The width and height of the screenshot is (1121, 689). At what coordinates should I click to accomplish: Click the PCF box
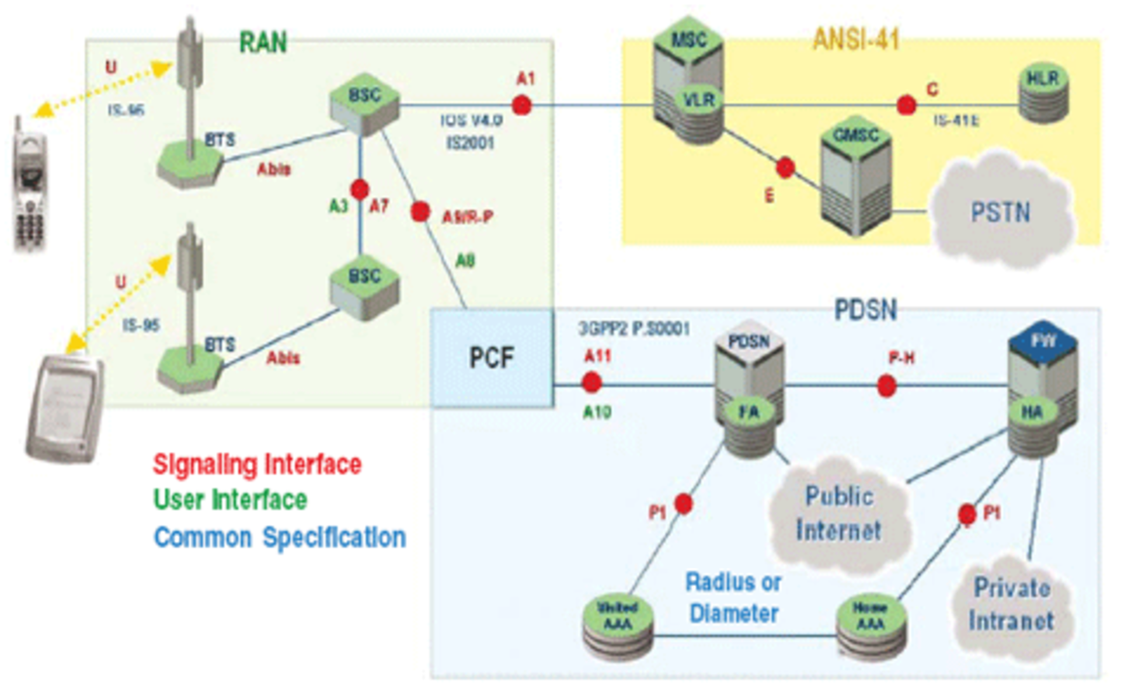(492, 358)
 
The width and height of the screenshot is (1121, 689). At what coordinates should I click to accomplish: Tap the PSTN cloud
(1000, 211)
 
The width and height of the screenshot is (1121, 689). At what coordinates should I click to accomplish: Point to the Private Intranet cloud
(1011, 605)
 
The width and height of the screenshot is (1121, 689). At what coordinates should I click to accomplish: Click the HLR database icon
(1043, 93)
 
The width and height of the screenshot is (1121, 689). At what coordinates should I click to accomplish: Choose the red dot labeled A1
(521, 105)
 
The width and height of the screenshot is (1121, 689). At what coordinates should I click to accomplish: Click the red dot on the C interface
(906, 105)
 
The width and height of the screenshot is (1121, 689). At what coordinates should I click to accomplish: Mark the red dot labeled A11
(591, 383)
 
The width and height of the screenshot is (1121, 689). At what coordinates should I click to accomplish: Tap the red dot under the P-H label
(886, 386)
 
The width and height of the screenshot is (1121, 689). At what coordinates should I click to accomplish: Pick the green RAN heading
(263, 43)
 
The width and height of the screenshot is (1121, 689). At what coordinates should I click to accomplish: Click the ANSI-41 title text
(856, 39)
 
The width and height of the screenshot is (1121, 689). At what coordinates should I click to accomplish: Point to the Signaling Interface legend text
(257, 465)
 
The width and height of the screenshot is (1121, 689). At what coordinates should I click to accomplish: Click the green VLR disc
(699, 100)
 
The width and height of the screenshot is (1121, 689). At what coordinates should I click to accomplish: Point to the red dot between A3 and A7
(360, 189)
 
